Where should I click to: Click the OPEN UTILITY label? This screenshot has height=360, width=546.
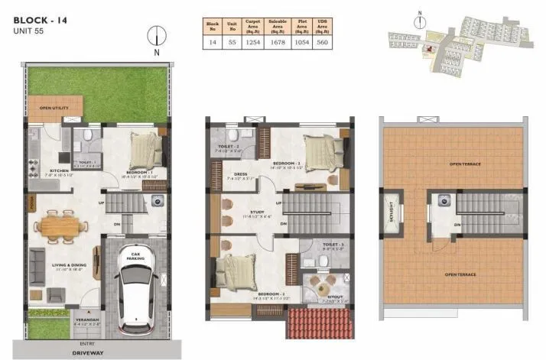point(54,109)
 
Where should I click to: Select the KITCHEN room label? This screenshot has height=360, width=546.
point(60,170)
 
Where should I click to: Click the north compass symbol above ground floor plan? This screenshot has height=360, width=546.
point(155,35)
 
